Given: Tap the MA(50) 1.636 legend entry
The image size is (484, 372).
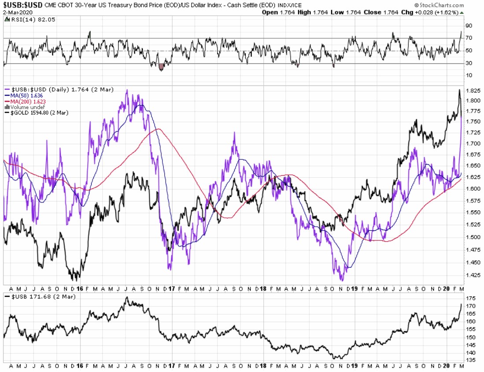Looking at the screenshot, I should click(22, 96).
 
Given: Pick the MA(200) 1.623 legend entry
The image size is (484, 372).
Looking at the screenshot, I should click(24, 101).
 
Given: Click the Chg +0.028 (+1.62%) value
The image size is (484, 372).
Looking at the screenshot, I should click(446, 12).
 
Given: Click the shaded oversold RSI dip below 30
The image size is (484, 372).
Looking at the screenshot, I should click(161, 66).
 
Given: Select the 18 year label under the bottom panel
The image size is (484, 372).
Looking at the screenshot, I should click(262, 366).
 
